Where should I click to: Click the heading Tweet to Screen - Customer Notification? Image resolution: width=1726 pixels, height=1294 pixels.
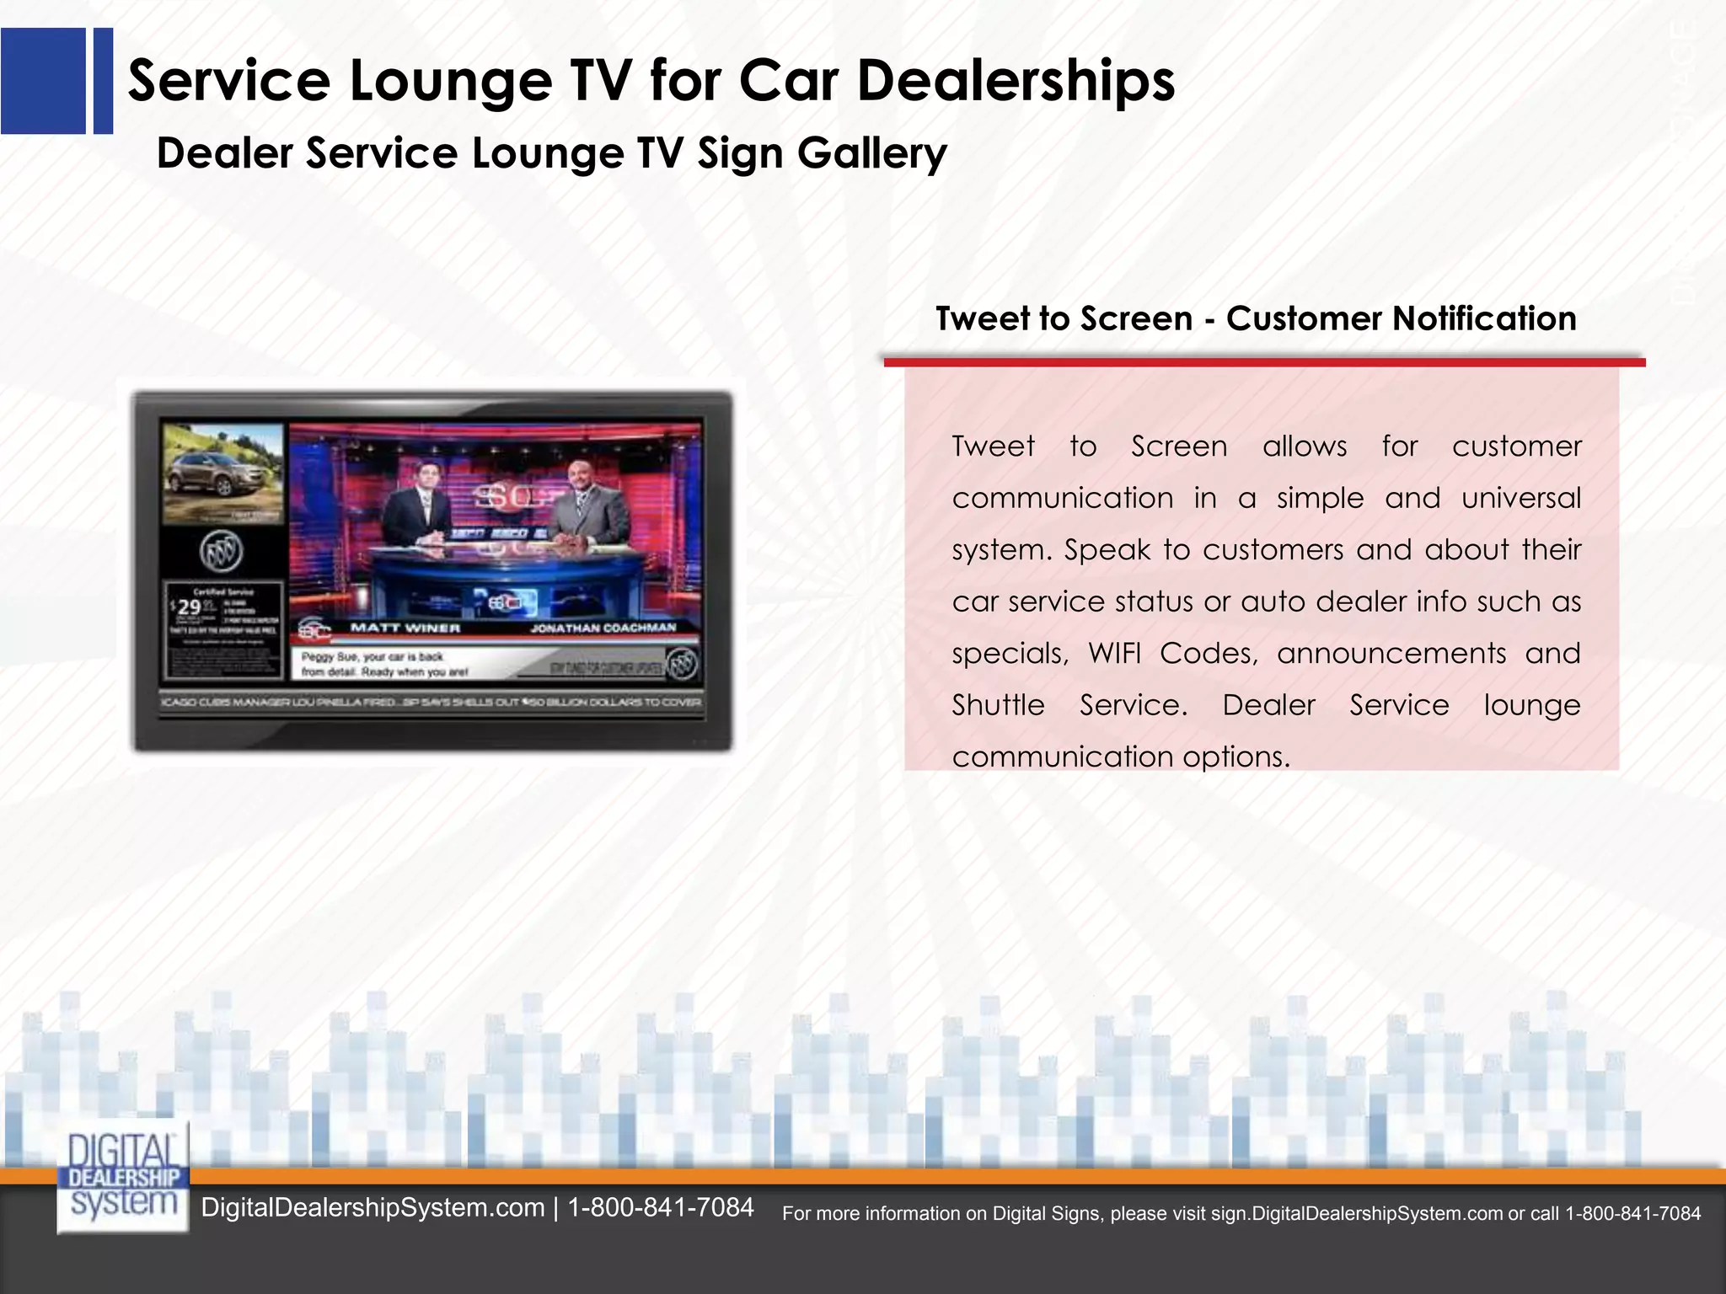coord(1256,318)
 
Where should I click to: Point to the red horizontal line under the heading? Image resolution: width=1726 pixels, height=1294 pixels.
coord(1264,362)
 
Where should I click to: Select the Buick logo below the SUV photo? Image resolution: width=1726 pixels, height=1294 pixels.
coord(222,553)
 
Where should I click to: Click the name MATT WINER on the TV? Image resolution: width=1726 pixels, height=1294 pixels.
coord(405,628)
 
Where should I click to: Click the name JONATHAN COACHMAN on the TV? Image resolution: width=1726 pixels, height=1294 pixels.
coord(603,628)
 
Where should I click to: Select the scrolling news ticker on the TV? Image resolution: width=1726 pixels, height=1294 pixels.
coord(431,702)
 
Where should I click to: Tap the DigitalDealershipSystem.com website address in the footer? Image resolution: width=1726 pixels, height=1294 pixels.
coord(373,1207)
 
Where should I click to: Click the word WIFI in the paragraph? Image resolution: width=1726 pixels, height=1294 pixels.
coord(1114,654)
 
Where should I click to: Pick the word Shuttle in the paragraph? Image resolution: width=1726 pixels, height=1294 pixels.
coord(998,705)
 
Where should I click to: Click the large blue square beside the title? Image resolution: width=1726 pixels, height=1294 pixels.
coord(43,81)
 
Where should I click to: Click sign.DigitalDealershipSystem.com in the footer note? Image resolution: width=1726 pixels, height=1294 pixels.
coord(1357,1214)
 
